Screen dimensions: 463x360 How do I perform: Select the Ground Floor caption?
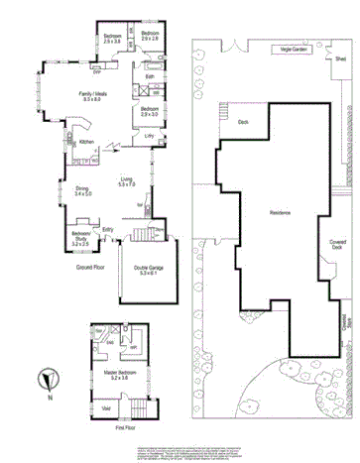pos(92,267)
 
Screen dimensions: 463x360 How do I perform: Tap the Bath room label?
pos(149,76)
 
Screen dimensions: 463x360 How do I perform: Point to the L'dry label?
pos(149,136)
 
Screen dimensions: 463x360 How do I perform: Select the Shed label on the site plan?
pos(339,59)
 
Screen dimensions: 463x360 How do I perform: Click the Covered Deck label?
pos(339,244)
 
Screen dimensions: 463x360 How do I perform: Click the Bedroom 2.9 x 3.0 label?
pos(150,111)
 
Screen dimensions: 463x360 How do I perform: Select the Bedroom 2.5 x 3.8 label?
pos(111,39)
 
